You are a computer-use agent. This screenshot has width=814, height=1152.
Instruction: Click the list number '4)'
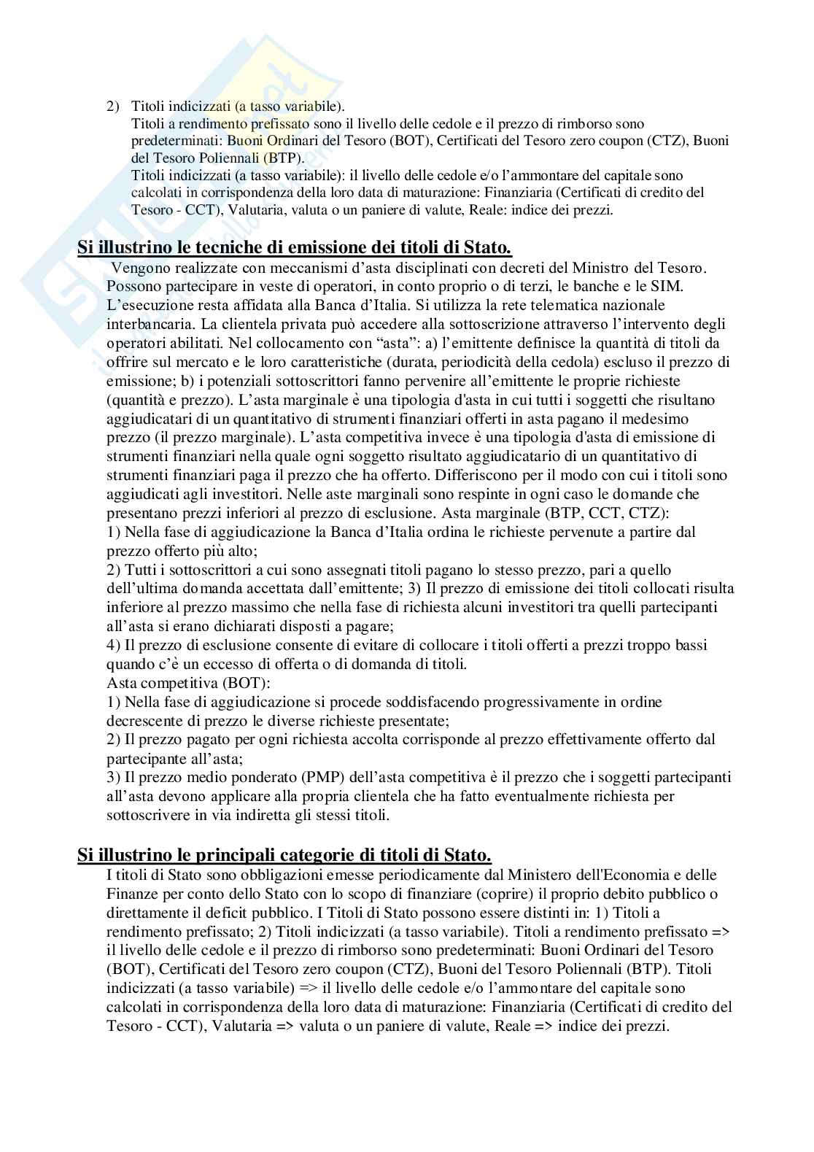114,645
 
